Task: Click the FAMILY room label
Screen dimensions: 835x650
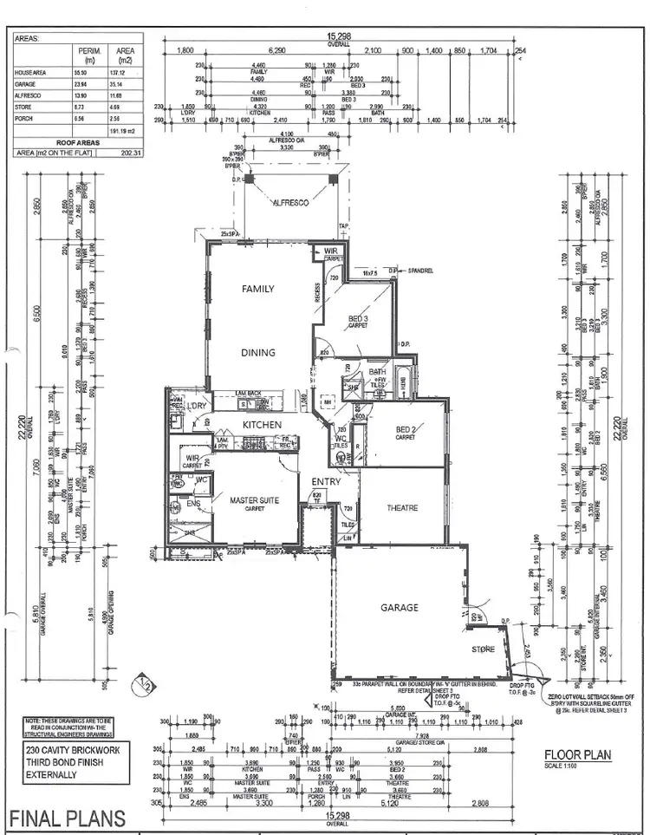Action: (x=257, y=290)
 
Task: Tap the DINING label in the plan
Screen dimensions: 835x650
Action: (x=257, y=353)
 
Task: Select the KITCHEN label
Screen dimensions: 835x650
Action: (x=261, y=425)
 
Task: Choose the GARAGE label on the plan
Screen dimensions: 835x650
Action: (x=400, y=608)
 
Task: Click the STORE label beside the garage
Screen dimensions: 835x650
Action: (x=483, y=648)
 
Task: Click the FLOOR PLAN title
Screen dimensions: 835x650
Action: (x=577, y=755)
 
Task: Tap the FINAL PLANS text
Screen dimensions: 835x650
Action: (x=67, y=818)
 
